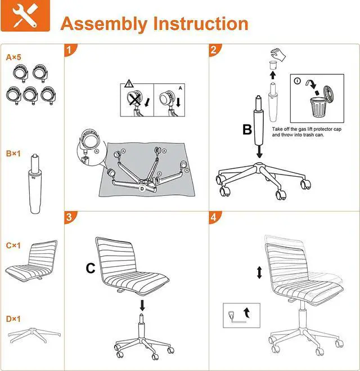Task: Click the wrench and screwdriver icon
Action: (x=25, y=16)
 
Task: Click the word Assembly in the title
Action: (x=104, y=24)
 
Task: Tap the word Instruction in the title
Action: (x=201, y=24)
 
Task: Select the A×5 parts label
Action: (x=13, y=57)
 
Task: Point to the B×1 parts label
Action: (x=13, y=154)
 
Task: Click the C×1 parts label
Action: (x=13, y=245)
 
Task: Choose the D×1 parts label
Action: (x=13, y=319)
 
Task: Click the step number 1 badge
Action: (x=69, y=50)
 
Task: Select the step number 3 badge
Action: (x=69, y=217)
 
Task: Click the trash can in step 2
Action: (x=318, y=107)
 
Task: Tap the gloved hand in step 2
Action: (x=278, y=55)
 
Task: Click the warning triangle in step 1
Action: (x=129, y=83)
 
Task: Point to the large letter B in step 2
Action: (x=247, y=129)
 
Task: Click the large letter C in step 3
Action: (x=91, y=269)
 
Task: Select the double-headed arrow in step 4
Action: (x=259, y=272)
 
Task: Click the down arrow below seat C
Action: (x=142, y=306)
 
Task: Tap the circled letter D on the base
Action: (x=142, y=189)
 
